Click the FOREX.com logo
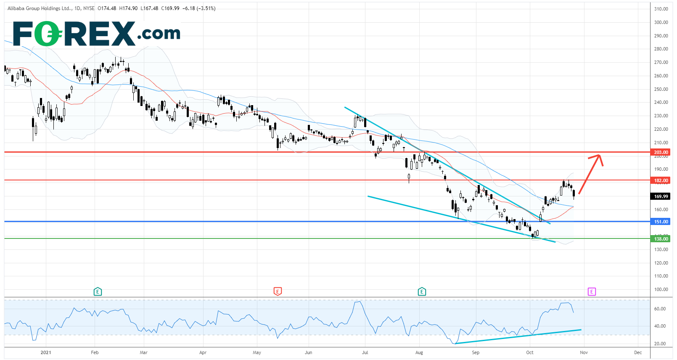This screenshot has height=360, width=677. coord(97,34)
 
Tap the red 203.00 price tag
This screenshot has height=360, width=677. coord(661,152)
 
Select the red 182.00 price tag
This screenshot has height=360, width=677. coord(661,180)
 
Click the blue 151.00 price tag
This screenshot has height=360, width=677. coord(661,222)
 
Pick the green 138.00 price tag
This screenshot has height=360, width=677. coord(661,239)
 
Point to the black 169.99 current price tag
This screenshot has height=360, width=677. coord(661,196)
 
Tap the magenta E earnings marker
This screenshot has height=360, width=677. coord(592,291)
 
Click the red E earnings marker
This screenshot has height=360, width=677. coord(277,291)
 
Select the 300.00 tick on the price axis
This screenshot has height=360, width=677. coord(661,22)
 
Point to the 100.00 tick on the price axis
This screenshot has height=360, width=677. coord(661,289)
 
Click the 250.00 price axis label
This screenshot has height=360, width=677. coord(661,89)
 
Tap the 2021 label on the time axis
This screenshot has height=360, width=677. coord(46,352)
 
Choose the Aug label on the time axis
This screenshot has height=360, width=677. coord(419,352)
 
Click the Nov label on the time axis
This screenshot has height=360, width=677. coord(584,352)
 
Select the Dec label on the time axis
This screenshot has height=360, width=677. coord(638,352)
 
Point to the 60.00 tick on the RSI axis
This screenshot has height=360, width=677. coord(660,309)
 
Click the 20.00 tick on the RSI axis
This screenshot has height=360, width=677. coord(660,344)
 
